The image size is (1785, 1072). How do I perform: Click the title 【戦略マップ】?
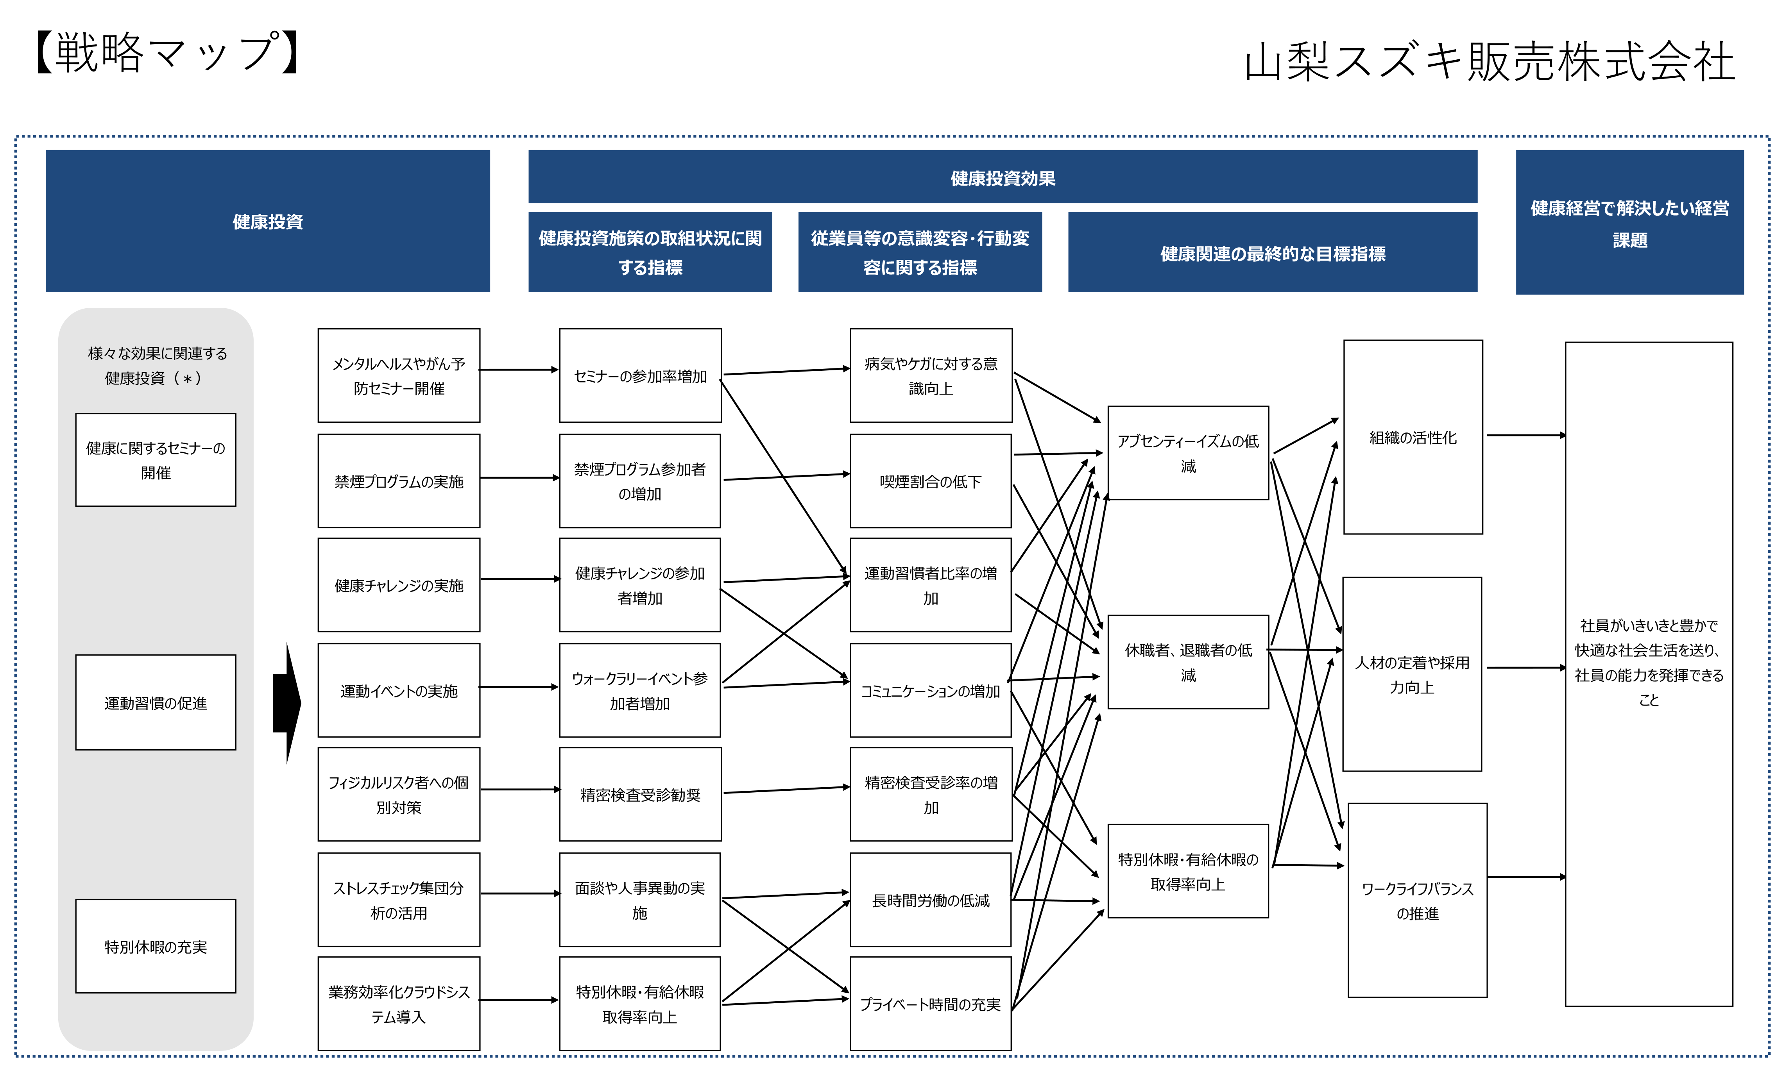click(x=168, y=52)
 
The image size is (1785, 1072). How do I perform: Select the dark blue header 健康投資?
click(x=267, y=221)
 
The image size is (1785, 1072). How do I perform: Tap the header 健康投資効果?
click(x=1003, y=177)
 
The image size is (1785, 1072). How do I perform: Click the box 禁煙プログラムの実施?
click(x=399, y=481)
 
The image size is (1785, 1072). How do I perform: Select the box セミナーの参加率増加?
click(x=640, y=376)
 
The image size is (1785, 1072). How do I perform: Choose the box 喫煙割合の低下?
click(x=931, y=481)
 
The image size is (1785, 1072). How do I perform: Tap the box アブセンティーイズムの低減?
click(x=1188, y=453)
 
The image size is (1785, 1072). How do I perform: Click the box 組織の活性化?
click(x=1413, y=437)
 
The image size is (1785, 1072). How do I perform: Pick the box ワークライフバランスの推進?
click(x=1417, y=900)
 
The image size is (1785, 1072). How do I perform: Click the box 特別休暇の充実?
click(x=156, y=946)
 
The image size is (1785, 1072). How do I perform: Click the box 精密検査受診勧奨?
click(x=640, y=795)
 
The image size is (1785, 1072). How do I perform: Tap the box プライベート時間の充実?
click(x=931, y=1004)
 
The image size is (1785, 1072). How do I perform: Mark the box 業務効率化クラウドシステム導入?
click(x=399, y=1004)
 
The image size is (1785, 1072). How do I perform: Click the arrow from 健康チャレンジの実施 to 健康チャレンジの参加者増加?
click(x=520, y=579)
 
